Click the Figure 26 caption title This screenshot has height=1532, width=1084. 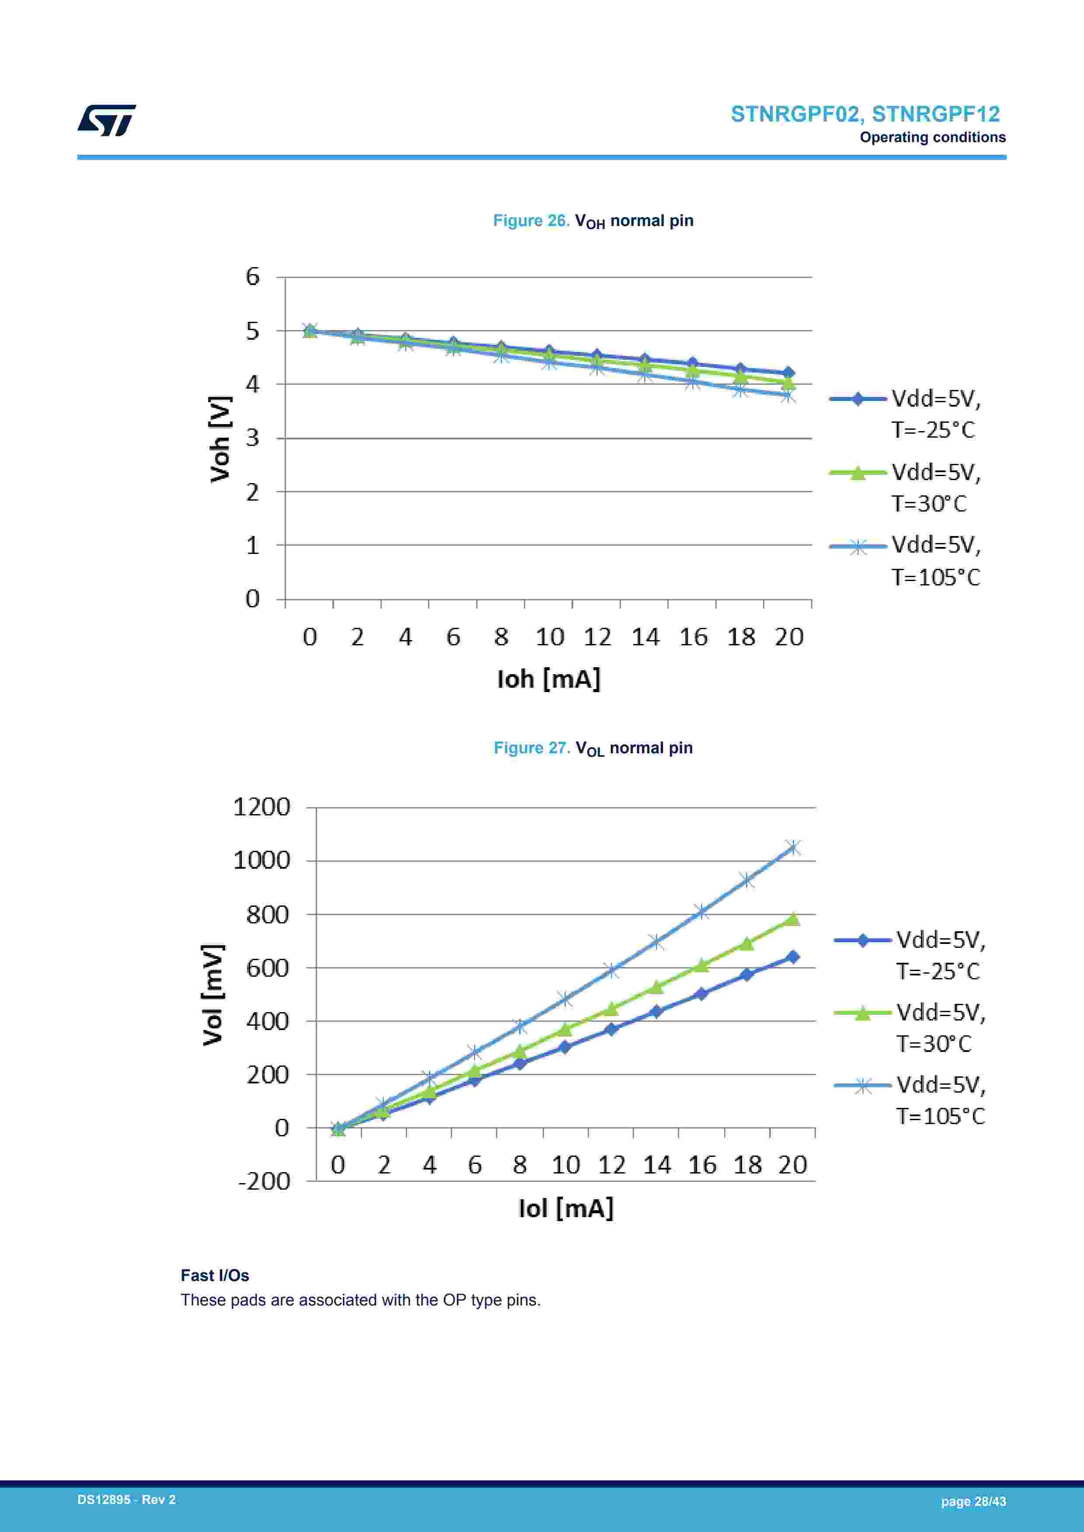[593, 221]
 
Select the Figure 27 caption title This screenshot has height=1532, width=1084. [593, 748]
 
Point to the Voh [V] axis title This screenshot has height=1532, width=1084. [220, 439]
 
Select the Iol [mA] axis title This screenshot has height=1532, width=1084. [565, 1207]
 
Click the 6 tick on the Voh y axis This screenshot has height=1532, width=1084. [252, 276]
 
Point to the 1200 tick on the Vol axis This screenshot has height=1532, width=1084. [261, 807]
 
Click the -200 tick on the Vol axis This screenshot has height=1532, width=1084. [264, 1180]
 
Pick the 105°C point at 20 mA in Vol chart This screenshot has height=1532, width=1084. [792, 847]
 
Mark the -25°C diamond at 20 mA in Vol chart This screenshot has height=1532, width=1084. [792, 957]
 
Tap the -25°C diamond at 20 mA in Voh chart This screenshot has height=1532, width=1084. [788, 373]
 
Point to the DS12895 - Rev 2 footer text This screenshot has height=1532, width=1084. [127, 1499]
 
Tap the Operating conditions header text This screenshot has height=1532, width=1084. [932, 137]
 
